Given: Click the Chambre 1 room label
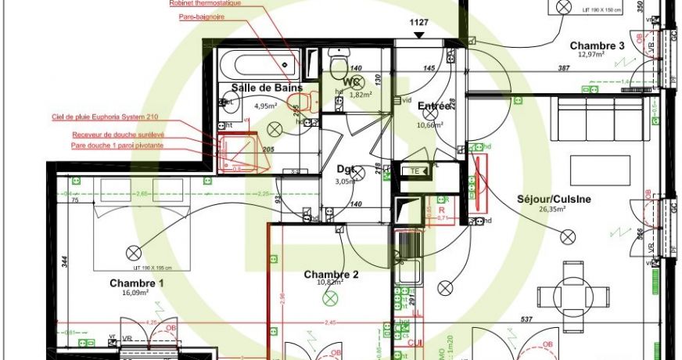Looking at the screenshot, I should pyautogui.click(x=137, y=283).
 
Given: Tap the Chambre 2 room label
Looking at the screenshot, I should pyautogui.click(x=331, y=274).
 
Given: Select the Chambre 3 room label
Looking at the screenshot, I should pyautogui.click(x=597, y=45).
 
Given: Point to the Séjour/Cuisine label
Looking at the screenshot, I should pyautogui.click(x=554, y=199).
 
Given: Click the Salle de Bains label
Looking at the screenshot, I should pyautogui.click(x=267, y=88).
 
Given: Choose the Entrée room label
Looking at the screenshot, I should pyautogui.click(x=434, y=106).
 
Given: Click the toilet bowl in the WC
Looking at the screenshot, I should pyautogui.click(x=339, y=61).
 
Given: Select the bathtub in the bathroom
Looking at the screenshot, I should pyautogui.click(x=258, y=63).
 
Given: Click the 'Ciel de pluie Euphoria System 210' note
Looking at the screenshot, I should pyautogui.click(x=105, y=117).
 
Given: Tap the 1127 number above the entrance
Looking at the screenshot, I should pyautogui.click(x=420, y=22).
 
